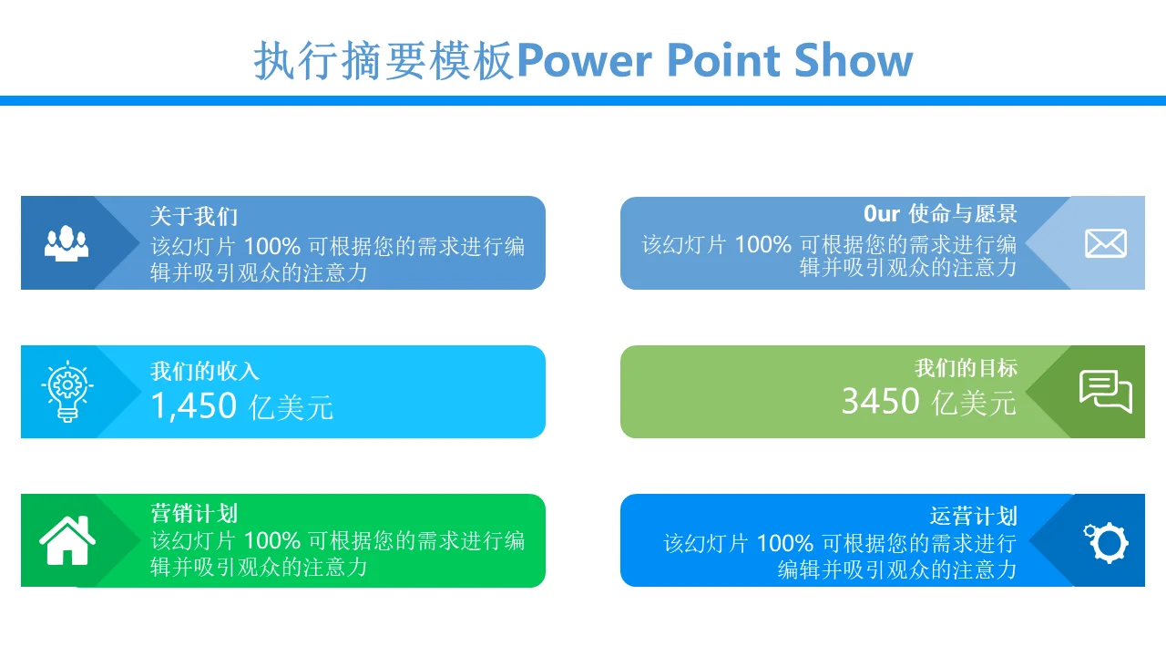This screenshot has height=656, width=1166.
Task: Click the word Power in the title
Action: click(x=584, y=61)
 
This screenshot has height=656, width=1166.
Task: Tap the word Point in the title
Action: click(x=723, y=60)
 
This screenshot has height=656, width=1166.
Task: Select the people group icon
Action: click(x=66, y=243)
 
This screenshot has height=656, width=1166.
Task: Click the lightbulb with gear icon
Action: click(x=67, y=391)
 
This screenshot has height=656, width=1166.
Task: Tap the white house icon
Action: click(x=67, y=540)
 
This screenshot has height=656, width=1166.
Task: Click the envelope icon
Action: click(x=1106, y=243)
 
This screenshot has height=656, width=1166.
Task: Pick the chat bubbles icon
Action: click(x=1106, y=391)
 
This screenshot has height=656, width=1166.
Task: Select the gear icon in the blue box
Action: click(x=1106, y=542)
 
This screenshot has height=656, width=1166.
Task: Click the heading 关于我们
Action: click(x=194, y=217)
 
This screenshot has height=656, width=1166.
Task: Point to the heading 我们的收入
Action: click(x=205, y=371)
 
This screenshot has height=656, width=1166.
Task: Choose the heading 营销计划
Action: click(x=194, y=513)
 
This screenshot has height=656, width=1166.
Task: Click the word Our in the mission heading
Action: click(x=881, y=214)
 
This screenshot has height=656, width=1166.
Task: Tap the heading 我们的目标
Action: click(x=967, y=368)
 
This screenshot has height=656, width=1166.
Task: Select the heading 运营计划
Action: click(x=974, y=516)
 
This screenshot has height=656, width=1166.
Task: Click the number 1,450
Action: click(x=194, y=405)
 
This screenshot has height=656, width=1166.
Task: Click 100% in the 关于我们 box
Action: click(x=271, y=246)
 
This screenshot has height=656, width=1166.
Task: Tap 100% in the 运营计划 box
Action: click(x=784, y=544)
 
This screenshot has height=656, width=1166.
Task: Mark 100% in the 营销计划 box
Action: click(x=271, y=541)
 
